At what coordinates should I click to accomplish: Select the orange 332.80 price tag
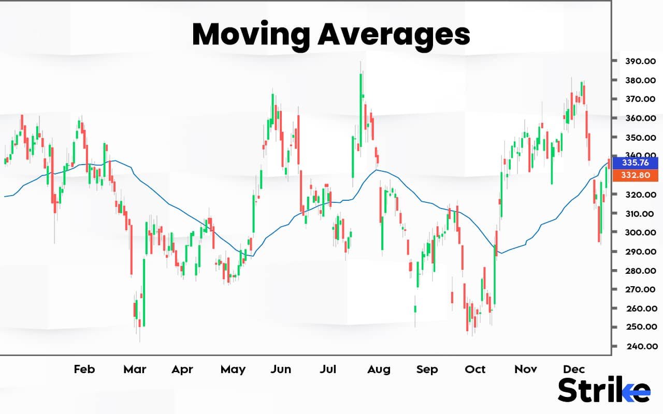click(x=635, y=175)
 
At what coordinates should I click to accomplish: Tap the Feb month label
click(x=84, y=369)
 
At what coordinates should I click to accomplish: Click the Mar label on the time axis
click(x=135, y=369)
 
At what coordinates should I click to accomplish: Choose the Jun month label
click(x=281, y=369)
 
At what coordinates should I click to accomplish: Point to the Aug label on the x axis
click(x=379, y=369)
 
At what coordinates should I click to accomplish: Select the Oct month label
click(x=475, y=369)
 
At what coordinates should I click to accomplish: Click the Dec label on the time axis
click(x=574, y=369)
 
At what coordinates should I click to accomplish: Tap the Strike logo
click(x=603, y=390)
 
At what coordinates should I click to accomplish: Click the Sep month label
click(x=427, y=369)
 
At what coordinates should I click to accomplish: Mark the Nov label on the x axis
click(x=525, y=369)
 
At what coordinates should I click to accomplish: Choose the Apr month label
click(x=182, y=369)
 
